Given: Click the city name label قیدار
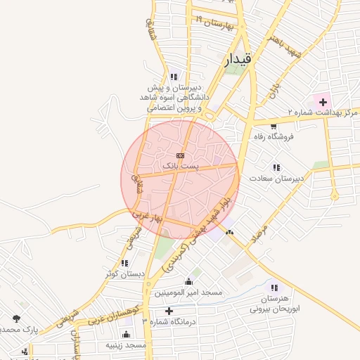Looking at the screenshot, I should pos(238,60).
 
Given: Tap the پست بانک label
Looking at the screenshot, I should pos(181,165).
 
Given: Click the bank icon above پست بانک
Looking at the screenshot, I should pos(181,155).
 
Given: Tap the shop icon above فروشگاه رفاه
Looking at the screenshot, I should pos(273,126).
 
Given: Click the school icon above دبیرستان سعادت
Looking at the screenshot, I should pos(276,167).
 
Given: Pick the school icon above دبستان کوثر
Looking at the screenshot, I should pos(124,263).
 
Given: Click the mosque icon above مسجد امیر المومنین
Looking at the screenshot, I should pos(188,281).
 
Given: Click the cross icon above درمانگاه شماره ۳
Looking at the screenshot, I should pos(168,311).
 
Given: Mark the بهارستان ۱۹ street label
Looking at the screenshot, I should pos(214,23).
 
